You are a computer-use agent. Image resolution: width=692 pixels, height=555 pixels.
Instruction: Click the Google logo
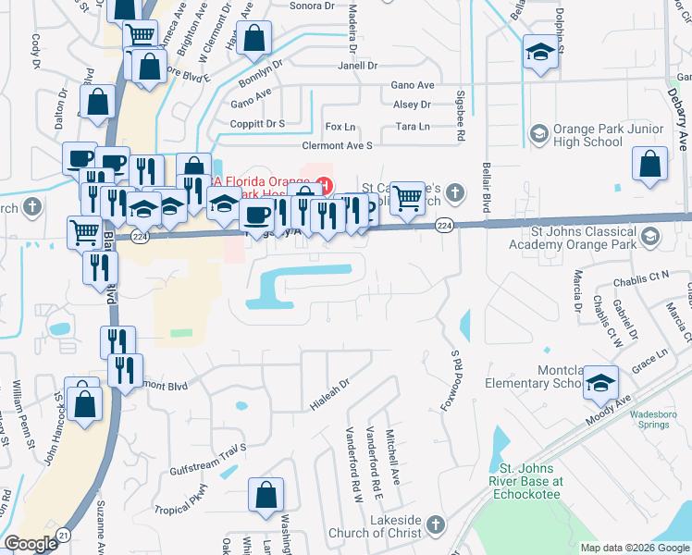coord(31,544)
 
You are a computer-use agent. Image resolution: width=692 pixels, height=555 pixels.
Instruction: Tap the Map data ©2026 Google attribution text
coord(634,548)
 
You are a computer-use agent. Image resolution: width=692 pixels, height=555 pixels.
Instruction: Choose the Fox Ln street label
coord(340,127)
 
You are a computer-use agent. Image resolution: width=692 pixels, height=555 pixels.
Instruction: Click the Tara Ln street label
coord(413,126)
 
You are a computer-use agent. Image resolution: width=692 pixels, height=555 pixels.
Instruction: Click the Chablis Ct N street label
coord(646,276)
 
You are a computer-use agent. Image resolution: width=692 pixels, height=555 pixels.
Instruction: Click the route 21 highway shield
coord(63,536)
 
